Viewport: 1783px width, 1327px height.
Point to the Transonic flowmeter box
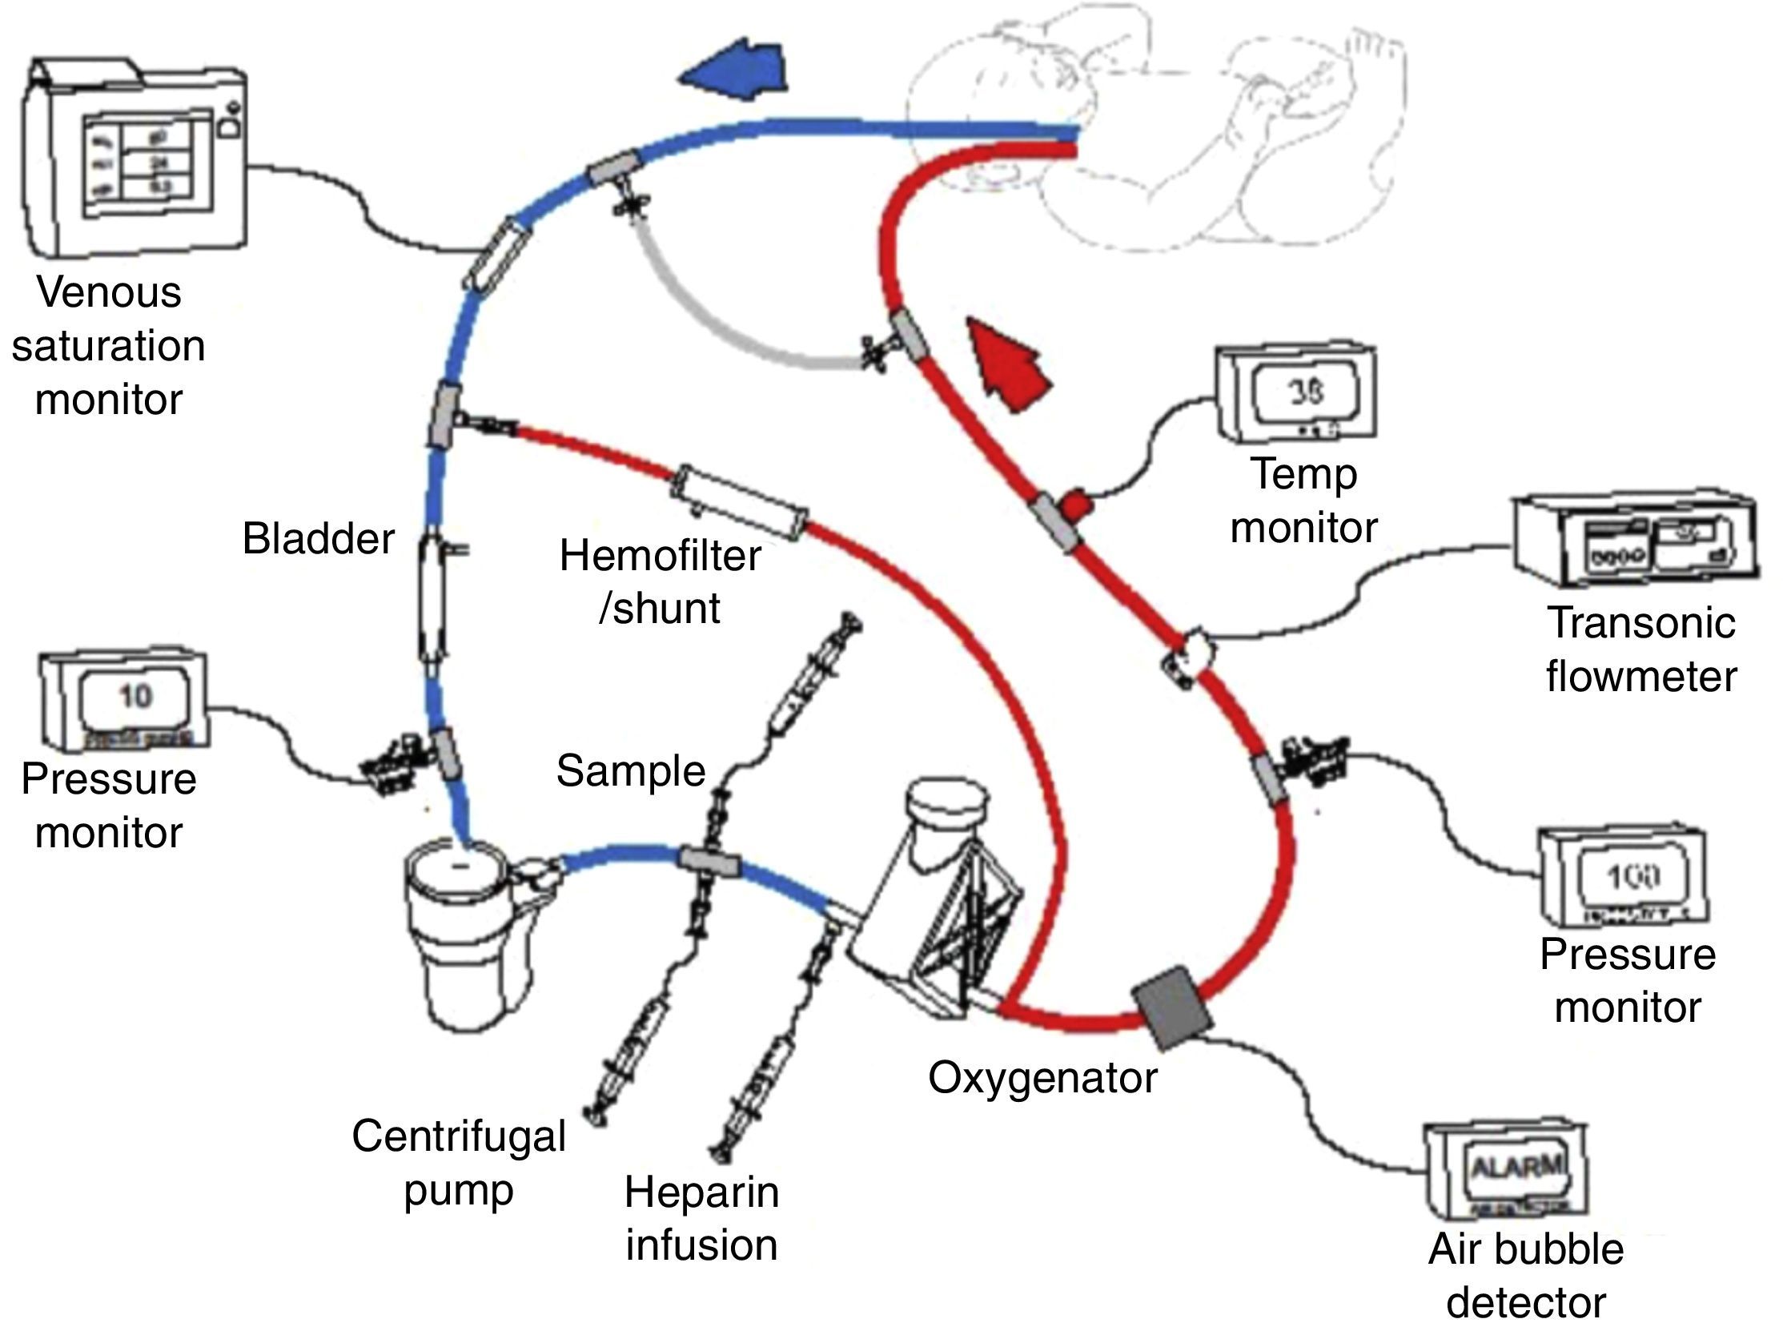tap(1635, 538)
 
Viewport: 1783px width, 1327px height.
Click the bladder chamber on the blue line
tap(432, 598)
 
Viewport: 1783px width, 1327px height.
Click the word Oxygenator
tap(1042, 1077)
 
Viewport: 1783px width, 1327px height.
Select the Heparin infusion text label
tap(701, 1219)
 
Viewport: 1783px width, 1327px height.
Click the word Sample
tap(630, 771)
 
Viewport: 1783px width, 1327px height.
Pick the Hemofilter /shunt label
tap(661, 581)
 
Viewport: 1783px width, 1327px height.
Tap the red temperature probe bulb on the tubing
tap(1076, 505)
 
